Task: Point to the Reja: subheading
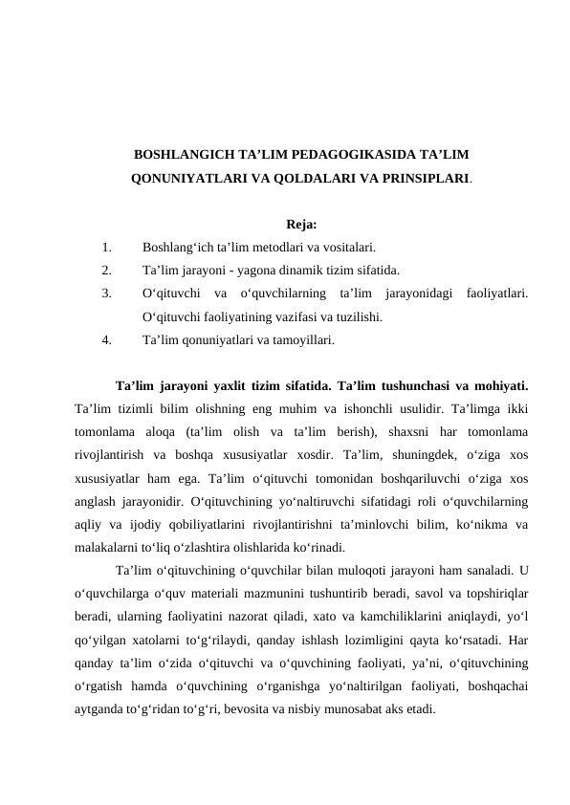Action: click(x=301, y=225)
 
